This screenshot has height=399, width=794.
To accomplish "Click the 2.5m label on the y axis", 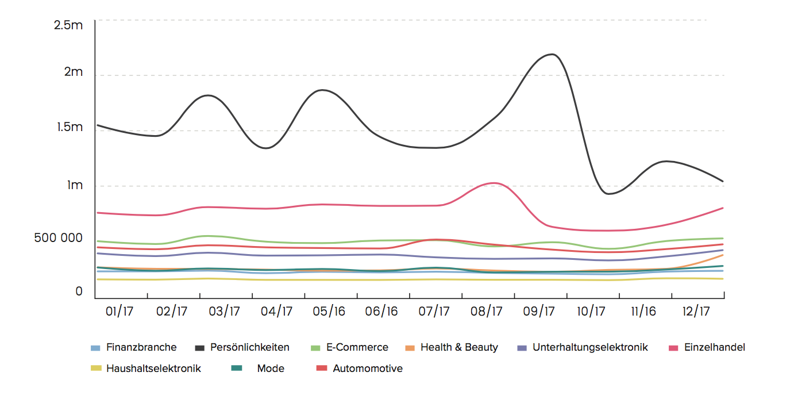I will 68,25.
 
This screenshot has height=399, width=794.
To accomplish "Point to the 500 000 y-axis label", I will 58,238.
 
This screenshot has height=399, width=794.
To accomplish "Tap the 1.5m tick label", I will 70,127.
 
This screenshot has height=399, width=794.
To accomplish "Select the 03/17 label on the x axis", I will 224,312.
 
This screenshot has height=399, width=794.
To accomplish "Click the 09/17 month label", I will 539,312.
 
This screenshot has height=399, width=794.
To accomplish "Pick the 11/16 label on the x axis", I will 643,312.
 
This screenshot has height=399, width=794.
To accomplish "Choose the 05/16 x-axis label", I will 329,312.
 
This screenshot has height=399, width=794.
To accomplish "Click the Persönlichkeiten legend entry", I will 249,347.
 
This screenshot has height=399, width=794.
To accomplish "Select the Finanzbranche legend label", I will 141,347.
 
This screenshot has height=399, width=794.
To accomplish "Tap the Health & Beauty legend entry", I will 459,347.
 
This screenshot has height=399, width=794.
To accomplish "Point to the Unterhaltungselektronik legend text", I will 590,347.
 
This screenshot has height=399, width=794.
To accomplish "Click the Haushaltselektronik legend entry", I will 153,369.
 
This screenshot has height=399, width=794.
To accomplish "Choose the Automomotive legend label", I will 368,369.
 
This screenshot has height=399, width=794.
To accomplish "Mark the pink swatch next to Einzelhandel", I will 673,347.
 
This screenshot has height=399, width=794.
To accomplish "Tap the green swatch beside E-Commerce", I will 315,347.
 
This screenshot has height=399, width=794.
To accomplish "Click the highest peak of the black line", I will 553,54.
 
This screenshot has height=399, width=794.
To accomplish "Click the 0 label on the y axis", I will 79,292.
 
